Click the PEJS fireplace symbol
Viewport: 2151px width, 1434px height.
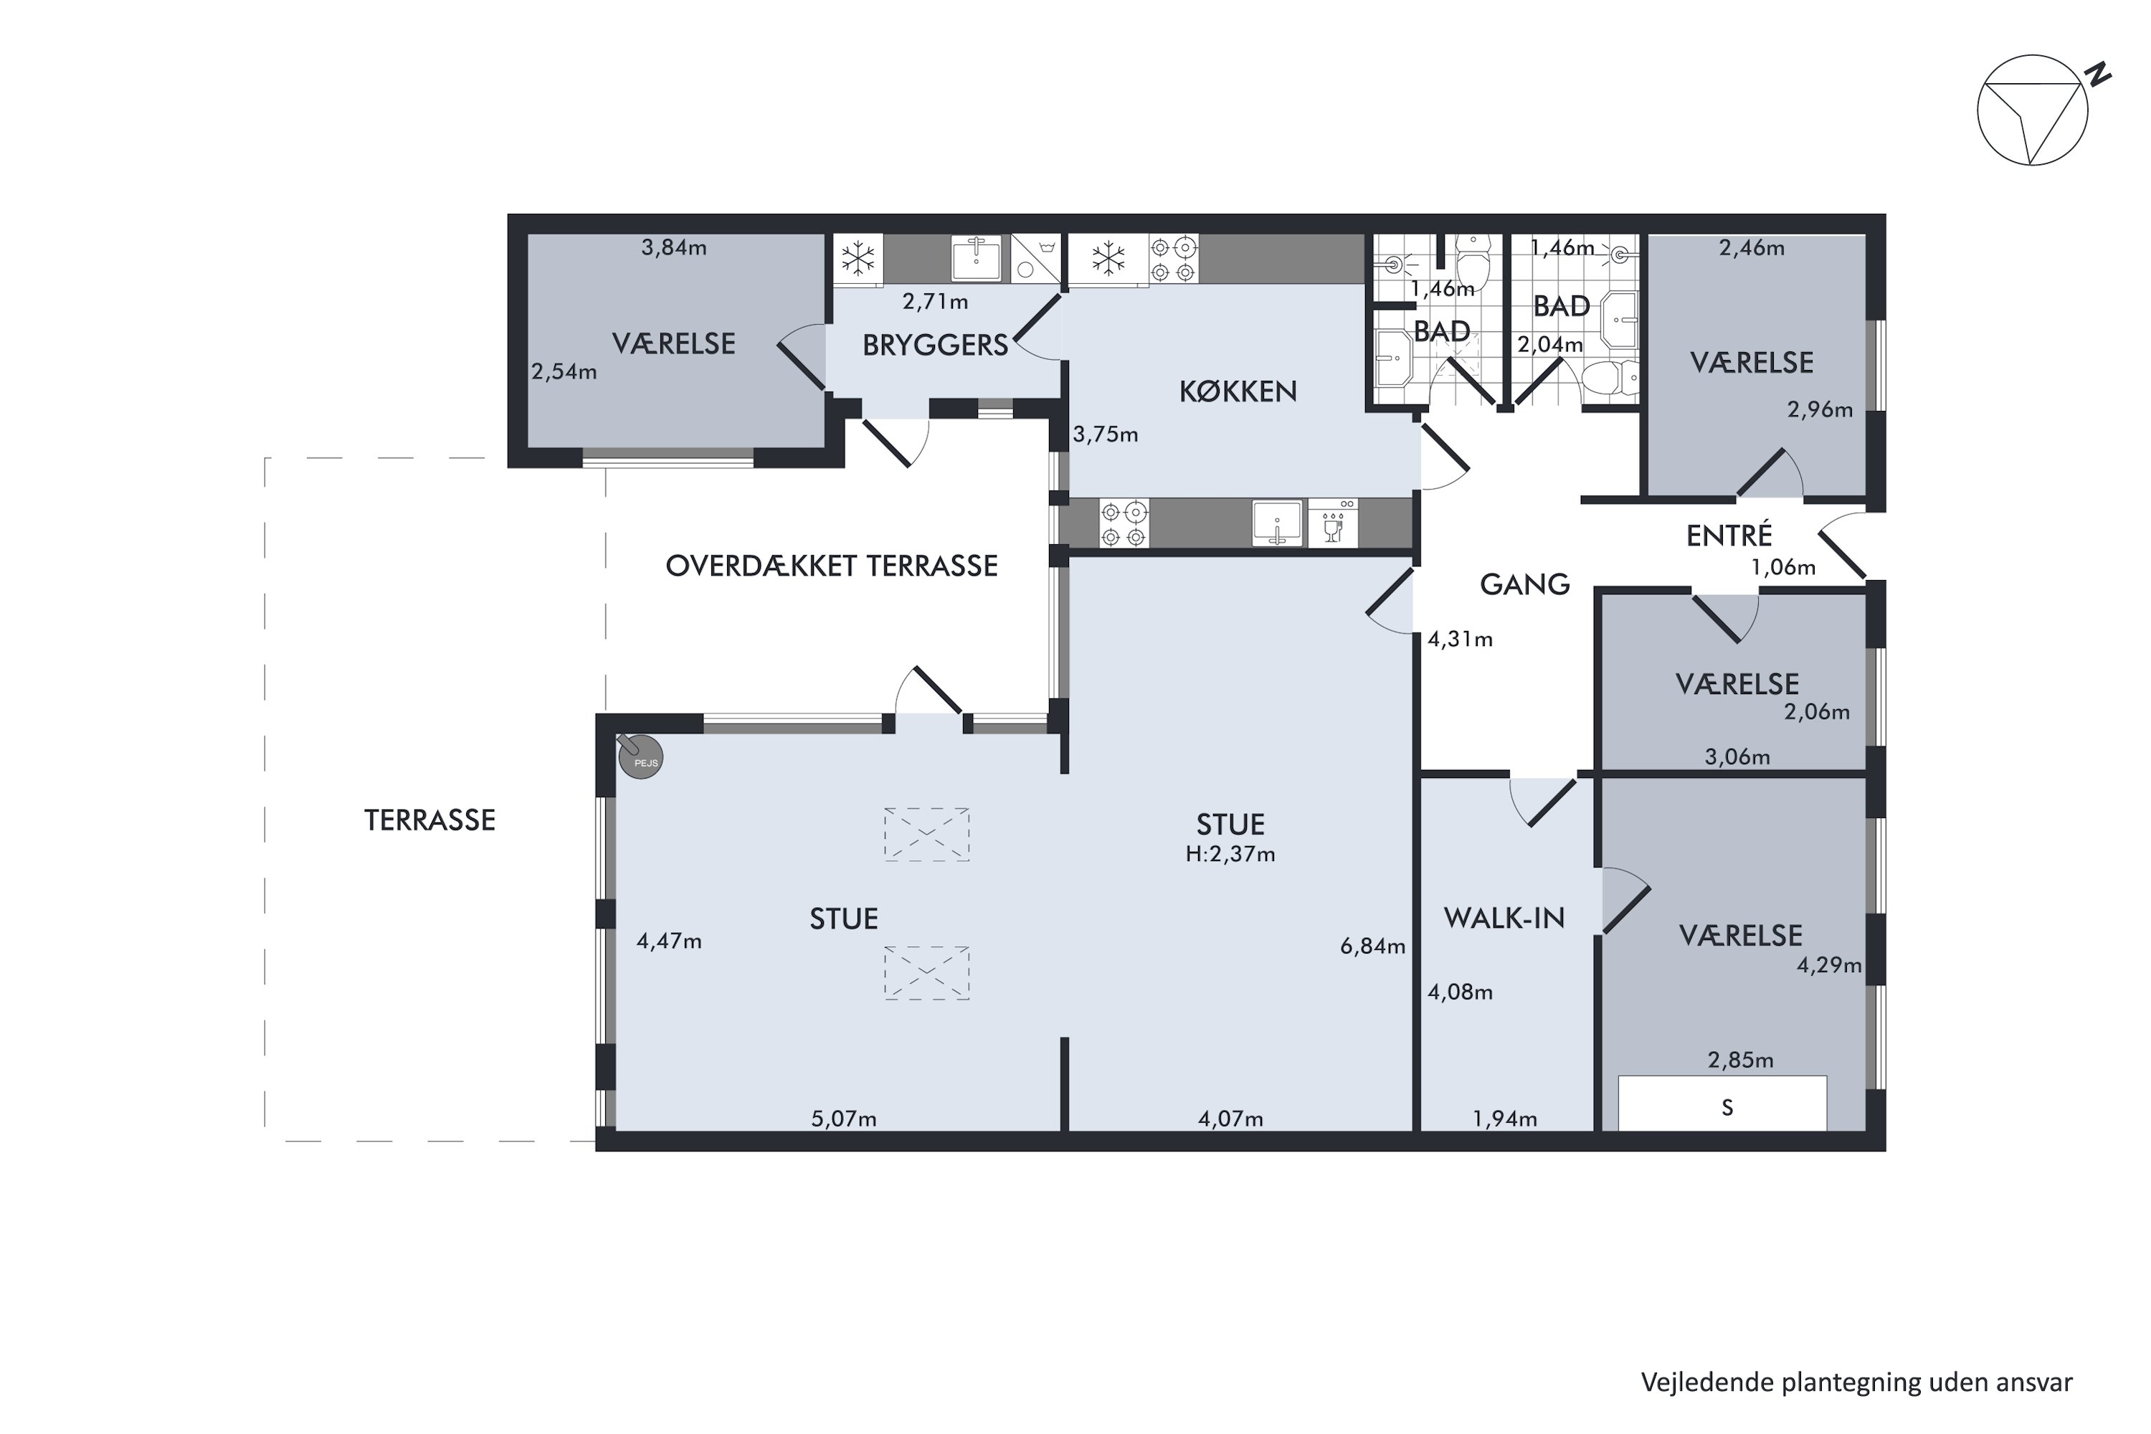pos(640,757)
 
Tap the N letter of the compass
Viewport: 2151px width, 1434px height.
pos(2101,73)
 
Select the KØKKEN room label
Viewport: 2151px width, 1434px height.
pos(1238,391)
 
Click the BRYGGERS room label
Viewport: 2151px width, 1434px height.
pos(935,345)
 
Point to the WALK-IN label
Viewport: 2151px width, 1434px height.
pos(1504,918)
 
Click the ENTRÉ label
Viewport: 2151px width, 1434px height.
pos(1729,535)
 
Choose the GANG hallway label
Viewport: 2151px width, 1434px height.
pos(1524,584)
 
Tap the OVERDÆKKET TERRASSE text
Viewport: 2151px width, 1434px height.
pos(830,566)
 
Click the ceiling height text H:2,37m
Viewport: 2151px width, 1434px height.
pos(1230,854)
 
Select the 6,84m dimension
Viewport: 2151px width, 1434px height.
pos(1372,946)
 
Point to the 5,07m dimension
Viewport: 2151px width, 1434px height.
pos(843,1119)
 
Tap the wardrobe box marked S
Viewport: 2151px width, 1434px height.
pos(1727,1106)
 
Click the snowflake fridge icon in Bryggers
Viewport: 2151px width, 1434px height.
pos(858,259)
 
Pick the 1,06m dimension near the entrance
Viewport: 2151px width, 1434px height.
pos(1782,567)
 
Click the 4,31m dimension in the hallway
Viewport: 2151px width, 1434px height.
pos(1460,640)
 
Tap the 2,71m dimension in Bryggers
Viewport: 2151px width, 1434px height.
pos(935,301)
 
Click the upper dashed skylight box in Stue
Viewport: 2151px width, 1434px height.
pos(926,834)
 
